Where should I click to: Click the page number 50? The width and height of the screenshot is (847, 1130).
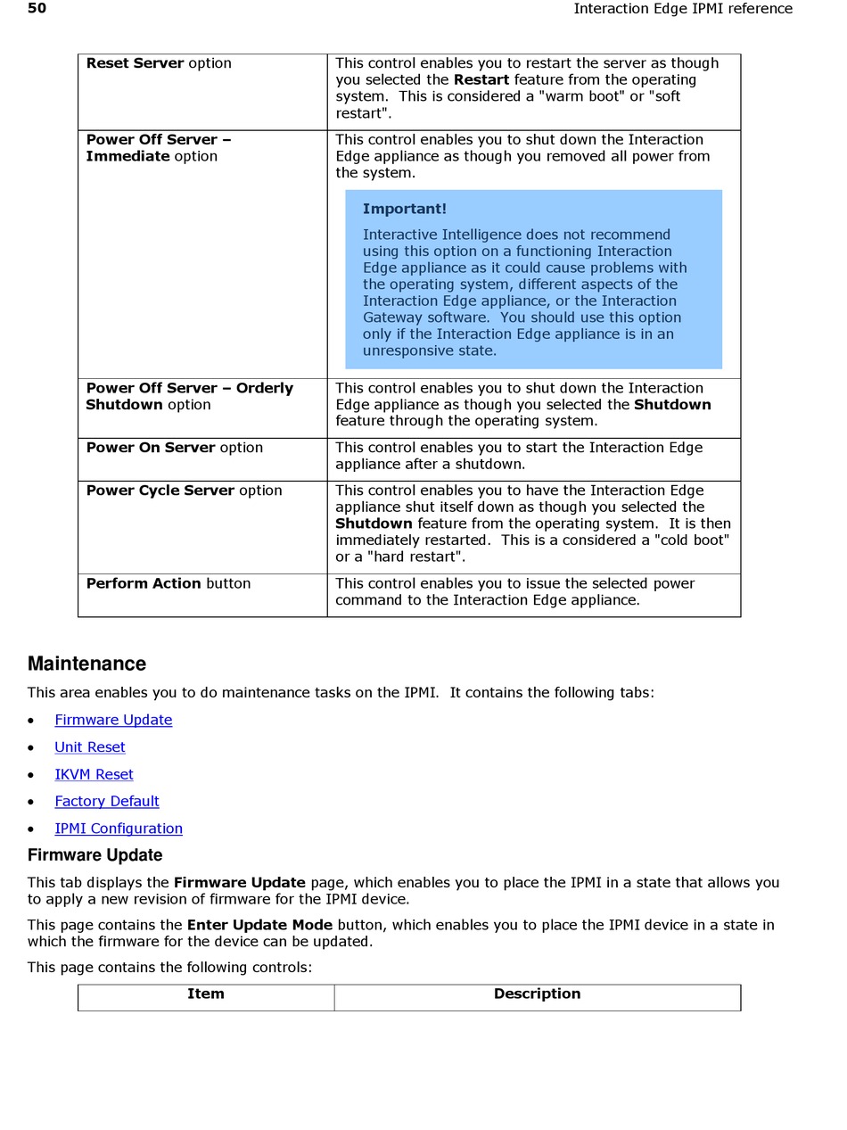tap(37, 9)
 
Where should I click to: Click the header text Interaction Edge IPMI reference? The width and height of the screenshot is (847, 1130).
tap(682, 9)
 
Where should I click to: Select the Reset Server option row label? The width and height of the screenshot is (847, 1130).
tap(159, 63)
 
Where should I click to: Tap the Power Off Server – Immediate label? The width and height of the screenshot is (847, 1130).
tap(158, 148)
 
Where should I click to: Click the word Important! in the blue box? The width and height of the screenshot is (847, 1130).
tap(404, 209)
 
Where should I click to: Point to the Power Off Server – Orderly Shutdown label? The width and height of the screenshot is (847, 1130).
tap(189, 396)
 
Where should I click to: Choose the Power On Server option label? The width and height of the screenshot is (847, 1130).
tap(174, 448)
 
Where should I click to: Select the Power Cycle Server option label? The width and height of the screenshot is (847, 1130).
tap(184, 491)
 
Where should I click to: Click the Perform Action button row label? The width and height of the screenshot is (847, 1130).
tap(168, 583)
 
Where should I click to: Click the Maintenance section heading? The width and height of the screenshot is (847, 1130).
tap(86, 664)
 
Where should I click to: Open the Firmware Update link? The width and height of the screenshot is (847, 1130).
tap(113, 720)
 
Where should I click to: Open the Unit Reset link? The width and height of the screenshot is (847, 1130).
tap(90, 747)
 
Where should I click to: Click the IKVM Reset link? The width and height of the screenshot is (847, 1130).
tap(94, 774)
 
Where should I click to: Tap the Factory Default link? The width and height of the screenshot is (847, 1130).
tap(107, 801)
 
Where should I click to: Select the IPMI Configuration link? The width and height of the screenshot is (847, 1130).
tap(119, 829)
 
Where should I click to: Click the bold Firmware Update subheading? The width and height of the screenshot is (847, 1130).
tap(95, 855)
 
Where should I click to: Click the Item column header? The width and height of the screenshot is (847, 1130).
tap(206, 994)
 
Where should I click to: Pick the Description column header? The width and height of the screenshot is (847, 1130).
tap(537, 994)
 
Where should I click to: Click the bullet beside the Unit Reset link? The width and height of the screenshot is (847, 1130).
tap(32, 748)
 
